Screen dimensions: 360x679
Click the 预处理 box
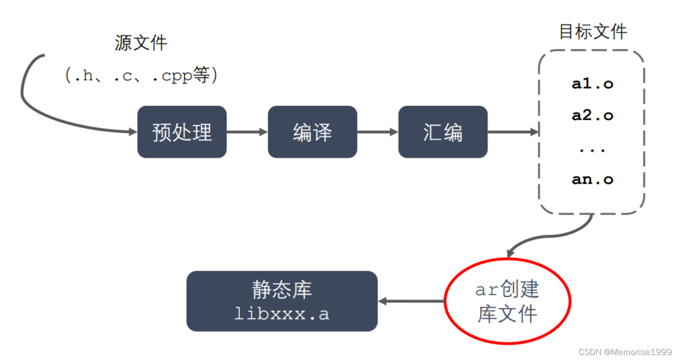[182, 132]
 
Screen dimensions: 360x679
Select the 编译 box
[312, 132]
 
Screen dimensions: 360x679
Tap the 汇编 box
[443, 132]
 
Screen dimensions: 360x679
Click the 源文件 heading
[141, 43]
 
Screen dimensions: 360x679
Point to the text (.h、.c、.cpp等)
[142, 75]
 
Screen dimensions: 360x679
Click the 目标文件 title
[593, 32]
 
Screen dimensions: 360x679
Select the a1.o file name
[592, 84]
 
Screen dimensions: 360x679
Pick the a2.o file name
[592, 116]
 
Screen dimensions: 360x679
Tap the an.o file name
[592, 179]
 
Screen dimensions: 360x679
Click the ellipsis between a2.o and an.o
[592, 149]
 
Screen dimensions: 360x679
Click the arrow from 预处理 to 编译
[247, 132]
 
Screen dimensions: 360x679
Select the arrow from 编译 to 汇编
[377, 132]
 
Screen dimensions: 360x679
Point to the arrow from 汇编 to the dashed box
[513, 132]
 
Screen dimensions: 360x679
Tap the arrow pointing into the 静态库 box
[410, 301]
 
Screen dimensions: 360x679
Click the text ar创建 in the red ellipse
[507, 289]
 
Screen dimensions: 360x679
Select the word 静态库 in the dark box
[282, 290]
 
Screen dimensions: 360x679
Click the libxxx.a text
[282, 314]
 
